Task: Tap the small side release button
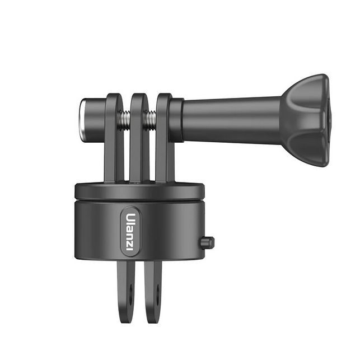point(207,242)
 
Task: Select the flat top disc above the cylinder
point(140,190)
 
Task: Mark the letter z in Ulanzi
point(130,242)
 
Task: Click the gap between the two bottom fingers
point(141,291)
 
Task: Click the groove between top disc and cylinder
point(140,199)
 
